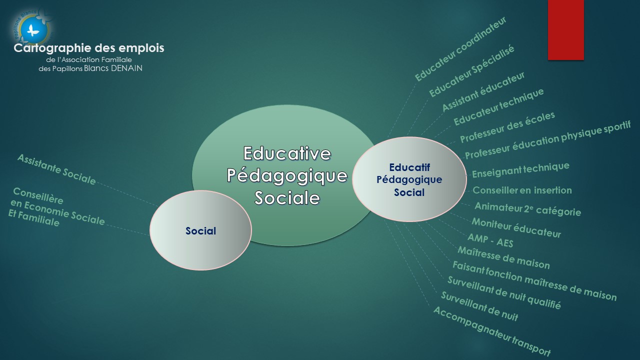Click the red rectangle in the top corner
tap(565, 30)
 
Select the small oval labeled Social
tap(200, 230)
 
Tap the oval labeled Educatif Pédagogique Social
tap(409, 179)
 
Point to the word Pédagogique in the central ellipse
tap(287, 175)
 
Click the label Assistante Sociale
tap(56, 169)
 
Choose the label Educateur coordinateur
tap(460, 49)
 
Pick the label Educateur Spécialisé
tap(471, 71)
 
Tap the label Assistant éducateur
tap(483, 91)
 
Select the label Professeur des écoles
tap(507, 127)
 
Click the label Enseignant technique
tap(520, 169)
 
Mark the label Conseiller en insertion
tap(522, 190)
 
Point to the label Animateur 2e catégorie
tap(527, 209)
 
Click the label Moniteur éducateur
tap(516, 227)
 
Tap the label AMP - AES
tap(490, 240)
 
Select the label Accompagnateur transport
tap(491, 331)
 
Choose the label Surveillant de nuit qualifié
tap(504, 293)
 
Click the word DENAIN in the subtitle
tap(126, 68)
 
